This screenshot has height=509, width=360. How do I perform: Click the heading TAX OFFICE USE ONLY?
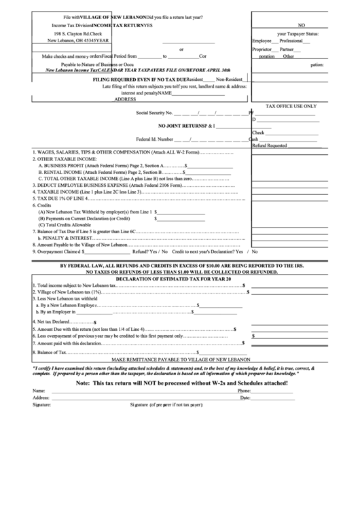(291, 106)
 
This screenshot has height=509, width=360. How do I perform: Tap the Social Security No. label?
(154, 113)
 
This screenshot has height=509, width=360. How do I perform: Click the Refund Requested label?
(269, 145)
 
